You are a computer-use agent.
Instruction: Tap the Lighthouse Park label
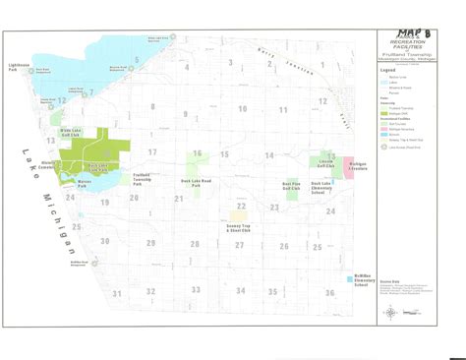pyautogui.click(x=20, y=70)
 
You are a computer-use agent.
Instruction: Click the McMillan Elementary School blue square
pyautogui.click(x=351, y=280)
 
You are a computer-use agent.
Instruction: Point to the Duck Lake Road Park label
pyautogui.click(x=202, y=183)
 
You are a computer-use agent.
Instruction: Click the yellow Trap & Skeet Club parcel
pyautogui.click(x=239, y=212)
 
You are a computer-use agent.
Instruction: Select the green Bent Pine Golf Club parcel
pyautogui.click(x=292, y=192)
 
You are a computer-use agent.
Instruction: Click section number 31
pyautogui.click(x=116, y=293)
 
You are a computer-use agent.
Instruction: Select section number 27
pyautogui.click(x=231, y=244)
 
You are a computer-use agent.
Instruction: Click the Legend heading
pyautogui.click(x=388, y=71)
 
